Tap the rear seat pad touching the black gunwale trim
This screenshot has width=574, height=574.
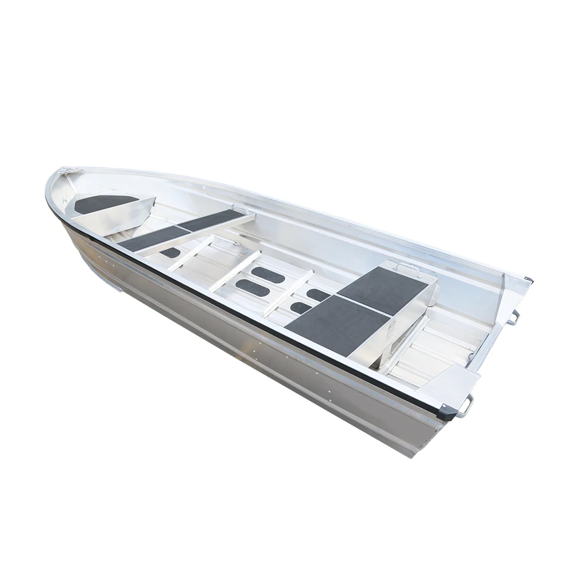[336, 324]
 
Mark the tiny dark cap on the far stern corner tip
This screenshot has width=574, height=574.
[529, 281]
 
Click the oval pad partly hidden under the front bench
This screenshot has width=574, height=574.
[170, 252]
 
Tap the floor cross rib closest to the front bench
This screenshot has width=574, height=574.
[190, 253]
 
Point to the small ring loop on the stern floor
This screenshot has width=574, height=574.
[471, 357]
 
